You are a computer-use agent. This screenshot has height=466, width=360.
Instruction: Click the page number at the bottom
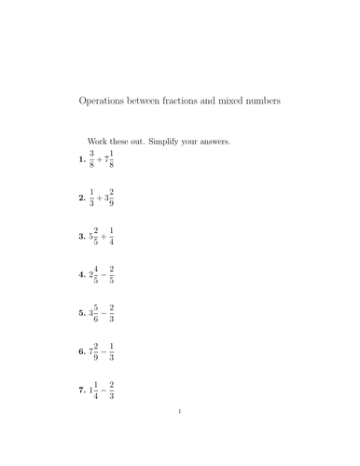coord(180,436)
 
